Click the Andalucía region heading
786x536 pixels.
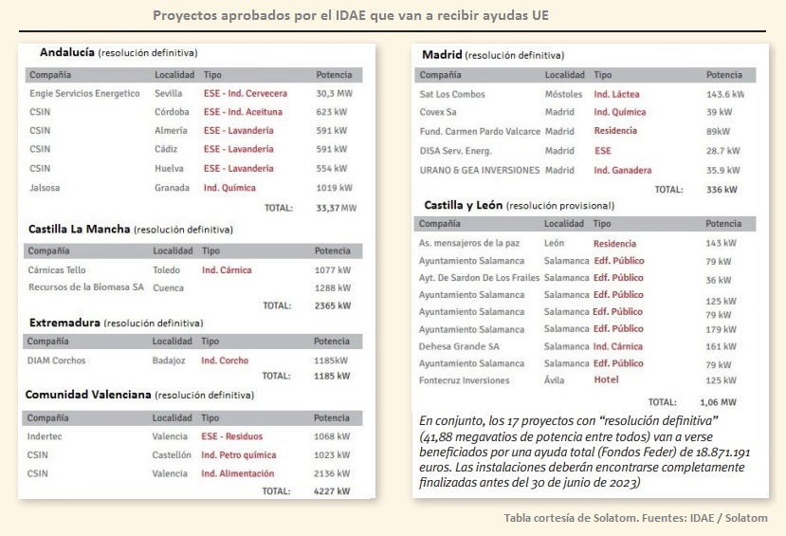[66, 51]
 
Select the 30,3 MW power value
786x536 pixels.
[333, 94]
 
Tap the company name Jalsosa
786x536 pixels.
[45, 188]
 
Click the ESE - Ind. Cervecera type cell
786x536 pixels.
[245, 94]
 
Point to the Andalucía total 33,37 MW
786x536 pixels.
[336, 208]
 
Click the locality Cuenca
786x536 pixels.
[168, 287]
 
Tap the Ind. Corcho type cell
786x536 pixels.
[225, 360]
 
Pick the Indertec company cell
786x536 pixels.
[46, 437]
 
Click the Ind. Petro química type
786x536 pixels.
[238, 455]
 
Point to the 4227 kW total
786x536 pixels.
[332, 491]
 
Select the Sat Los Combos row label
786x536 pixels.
[451, 94]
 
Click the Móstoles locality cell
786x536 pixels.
[563, 94]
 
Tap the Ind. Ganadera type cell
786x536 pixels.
[622, 171]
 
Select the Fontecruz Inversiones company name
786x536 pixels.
[464, 381]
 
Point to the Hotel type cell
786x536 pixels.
[606, 379]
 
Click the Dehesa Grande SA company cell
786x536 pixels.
[459, 346]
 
